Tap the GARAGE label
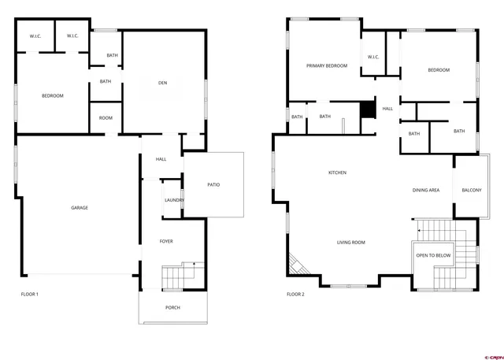click(x=80, y=208)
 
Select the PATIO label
click(x=213, y=185)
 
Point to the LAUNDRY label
click(x=174, y=200)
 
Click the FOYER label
click(x=166, y=241)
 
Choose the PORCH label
click(x=172, y=307)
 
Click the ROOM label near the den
click(x=106, y=118)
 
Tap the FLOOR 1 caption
click(x=29, y=295)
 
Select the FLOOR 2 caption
click(x=295, y=295)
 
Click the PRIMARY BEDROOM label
click(x=327, y=66)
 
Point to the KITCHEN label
click(x=337, y=173)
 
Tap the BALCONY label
click(x=472, y=191)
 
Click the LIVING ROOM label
click(x=350, y=243)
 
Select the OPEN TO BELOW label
click(x=434, y=256)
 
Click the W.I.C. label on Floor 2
click(x=373, y=57)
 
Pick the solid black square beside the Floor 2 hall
click(x=367, y=109)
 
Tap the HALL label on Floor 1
click(x=161, y=160)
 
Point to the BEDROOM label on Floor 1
click(x=53, y=96)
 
